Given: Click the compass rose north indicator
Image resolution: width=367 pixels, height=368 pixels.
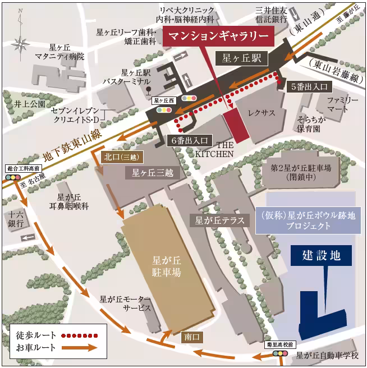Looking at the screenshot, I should coord(21,42).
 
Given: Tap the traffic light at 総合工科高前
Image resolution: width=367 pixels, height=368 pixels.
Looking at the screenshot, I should coord(12,177).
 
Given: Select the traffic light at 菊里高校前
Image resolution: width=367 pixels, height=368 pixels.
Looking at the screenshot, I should coord(279,354).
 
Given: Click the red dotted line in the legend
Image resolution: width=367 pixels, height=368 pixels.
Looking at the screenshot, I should coord(82,335).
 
